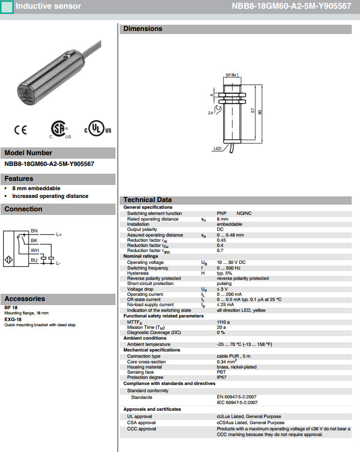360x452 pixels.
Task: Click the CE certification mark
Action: point(21,130)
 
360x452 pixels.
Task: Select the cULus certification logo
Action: point(97,130)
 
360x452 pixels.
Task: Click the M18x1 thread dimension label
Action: point(233,75)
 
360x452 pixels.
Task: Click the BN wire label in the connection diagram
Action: point(34,230)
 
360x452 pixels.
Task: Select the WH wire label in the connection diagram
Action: point(35,250)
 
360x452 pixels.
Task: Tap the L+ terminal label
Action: point(59,235)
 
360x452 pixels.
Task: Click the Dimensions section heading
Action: point(143,29)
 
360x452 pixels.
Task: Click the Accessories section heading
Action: point(25,298)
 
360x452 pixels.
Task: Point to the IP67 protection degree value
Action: point(221,377)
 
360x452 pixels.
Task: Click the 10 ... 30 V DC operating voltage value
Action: point(231,262)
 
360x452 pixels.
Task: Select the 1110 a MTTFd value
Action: point(223,322)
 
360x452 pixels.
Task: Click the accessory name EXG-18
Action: point(13,320)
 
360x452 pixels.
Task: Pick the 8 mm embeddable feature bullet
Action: point(36,189)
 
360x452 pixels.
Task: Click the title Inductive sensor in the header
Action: point(48,6)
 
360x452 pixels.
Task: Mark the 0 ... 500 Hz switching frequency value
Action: point(228,268)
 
